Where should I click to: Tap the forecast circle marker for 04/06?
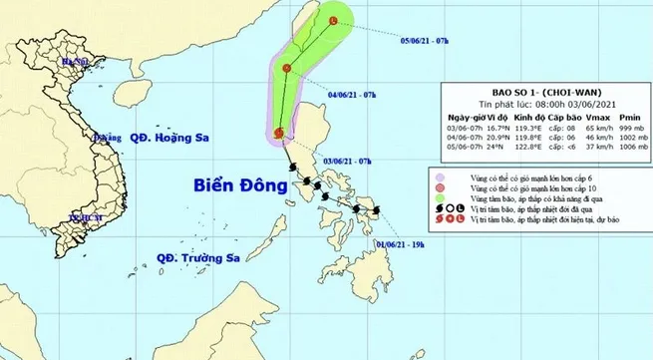click(287, 68)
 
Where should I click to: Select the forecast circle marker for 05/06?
click(332, 20)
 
